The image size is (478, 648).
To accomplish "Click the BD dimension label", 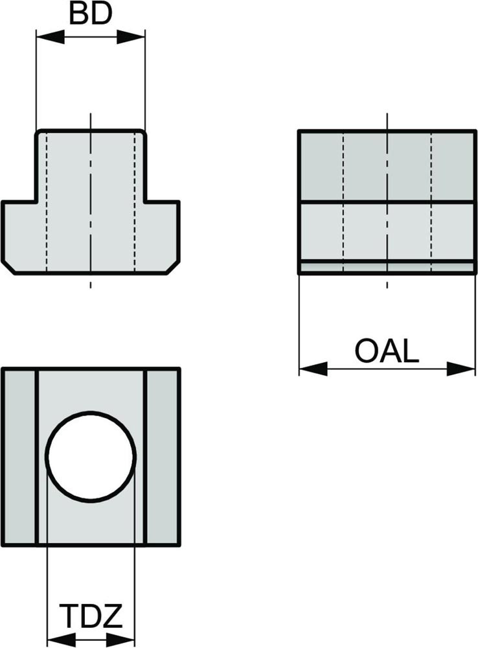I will click(x=90, y=15).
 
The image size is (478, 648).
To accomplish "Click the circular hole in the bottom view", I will click(x=91, y=456).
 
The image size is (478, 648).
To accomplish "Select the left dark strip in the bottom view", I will click(x=19, y=457).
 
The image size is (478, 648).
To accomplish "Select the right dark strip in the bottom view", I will click(x=162, y=457).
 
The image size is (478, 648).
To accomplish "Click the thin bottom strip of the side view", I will click(x=387, y=266).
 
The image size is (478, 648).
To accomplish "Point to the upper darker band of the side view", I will click(x=387, y=167).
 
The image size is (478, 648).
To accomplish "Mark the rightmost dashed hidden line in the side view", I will click(x=432, y=194).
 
